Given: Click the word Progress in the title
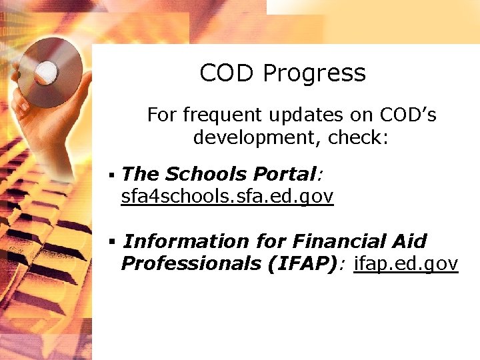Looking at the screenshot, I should click(x=314, y=73).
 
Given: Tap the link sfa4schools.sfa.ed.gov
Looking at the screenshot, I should click(x=227, y=197).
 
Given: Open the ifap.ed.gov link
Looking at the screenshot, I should click(x=406, y=264).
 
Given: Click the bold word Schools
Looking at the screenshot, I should click(x=206, y=175).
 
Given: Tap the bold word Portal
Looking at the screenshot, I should click(x=284, y=175).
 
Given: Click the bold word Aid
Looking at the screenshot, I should click(x=408, y=241).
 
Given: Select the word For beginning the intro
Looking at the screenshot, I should click(x=161, y=115).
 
